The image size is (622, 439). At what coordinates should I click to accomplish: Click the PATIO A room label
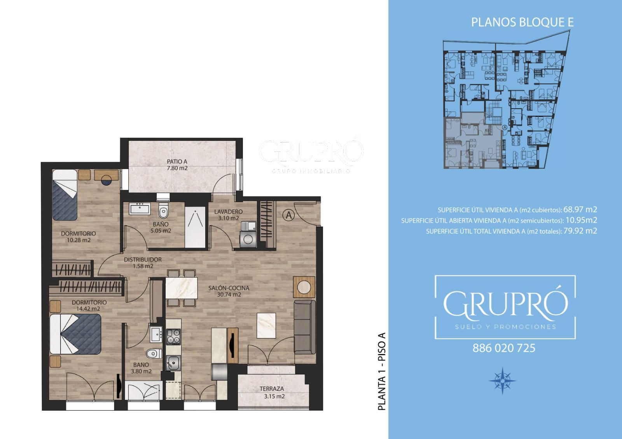tap(177, 161)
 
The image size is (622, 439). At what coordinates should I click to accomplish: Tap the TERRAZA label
tap(272, 389)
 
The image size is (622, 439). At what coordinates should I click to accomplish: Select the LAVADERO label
tap(228, 212)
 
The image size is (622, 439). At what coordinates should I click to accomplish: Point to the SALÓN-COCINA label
tap(229, 288)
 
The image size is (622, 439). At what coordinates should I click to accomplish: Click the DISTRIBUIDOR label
tap(143, 260)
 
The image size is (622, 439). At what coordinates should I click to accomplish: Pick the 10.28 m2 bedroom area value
tap(79, 240)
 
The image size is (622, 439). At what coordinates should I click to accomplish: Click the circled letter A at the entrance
tap(289, 215)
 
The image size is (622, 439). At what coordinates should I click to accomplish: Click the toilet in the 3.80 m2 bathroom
tap(154, 354)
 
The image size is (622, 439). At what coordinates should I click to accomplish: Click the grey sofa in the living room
tap(305, 327)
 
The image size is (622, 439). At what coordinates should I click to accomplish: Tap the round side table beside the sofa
tap(304, 287)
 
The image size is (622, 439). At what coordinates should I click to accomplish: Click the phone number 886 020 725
tap(504, 348)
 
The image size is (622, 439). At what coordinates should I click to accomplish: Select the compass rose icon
tap(502, 380)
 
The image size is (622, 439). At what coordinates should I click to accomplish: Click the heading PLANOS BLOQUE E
tap(522, 22)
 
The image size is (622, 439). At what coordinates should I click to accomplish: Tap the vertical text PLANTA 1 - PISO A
tap(382, 371)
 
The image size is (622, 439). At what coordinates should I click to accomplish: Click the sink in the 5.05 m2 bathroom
tap(140, 208)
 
